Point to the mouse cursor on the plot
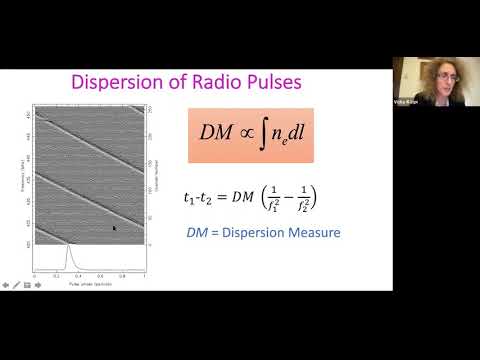114,228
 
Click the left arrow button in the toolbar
5,285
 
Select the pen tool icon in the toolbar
26,285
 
